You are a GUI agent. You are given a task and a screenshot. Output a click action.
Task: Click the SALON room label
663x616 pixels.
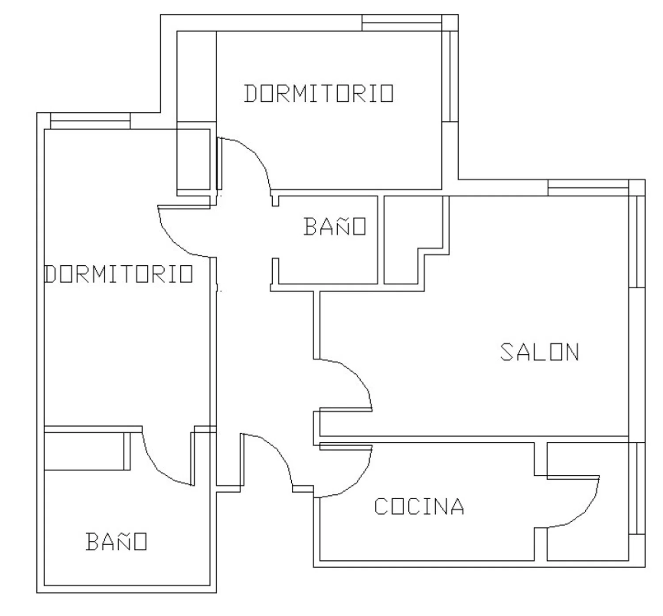(539, 352)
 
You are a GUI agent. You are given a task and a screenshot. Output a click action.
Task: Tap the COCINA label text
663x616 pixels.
(419, 506)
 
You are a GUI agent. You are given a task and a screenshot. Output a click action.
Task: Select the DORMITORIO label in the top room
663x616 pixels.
(319, 94)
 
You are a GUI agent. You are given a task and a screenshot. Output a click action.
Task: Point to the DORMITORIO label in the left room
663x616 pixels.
(119, 274)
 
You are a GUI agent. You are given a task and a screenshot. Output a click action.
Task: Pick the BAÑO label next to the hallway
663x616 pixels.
(335, 226)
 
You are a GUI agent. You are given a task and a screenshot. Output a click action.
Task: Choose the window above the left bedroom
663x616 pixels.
(90, 121)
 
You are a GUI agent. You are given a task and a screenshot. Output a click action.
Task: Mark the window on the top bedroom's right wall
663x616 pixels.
(450, 77)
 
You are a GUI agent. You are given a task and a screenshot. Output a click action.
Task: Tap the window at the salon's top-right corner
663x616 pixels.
(588, 188)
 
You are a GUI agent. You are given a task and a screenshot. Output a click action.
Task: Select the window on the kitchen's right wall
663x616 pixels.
(637, 488)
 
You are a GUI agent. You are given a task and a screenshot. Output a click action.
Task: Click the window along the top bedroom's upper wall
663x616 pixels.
(402, 23)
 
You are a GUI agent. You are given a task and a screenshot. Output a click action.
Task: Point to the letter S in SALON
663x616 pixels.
(507, 352)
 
